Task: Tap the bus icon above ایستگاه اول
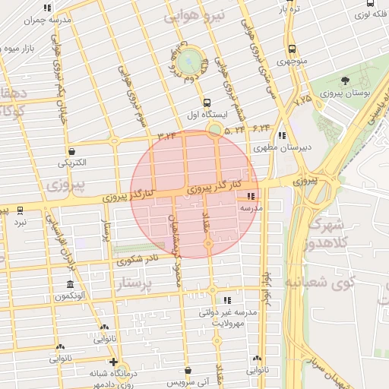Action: pos(206,102)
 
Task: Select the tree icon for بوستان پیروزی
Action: pos(346,81)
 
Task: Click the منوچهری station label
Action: pos(291,62)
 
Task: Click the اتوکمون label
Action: pos(73,296)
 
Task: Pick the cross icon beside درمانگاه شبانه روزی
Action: pos(113,362)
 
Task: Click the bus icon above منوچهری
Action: pos(292,49)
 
